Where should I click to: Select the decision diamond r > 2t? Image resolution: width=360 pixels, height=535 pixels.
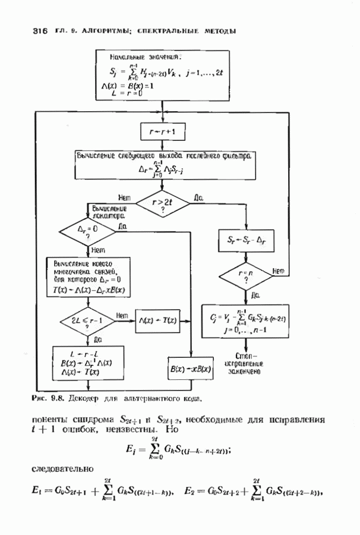pos(163,204)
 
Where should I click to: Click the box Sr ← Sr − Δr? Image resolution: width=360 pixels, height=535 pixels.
pos(245,240)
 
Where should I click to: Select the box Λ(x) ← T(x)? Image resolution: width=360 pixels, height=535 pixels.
pos(157,320)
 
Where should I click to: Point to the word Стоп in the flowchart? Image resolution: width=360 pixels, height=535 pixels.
pos(245,354)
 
